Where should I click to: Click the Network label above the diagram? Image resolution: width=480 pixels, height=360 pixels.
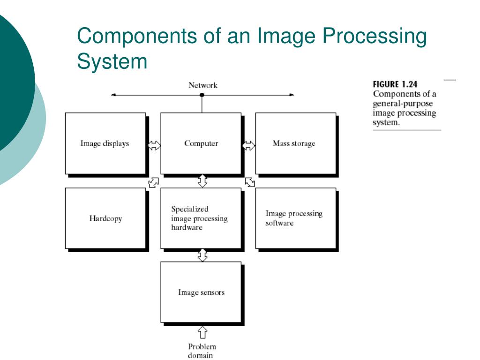coord(202,85)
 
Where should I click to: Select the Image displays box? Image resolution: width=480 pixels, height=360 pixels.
coord(105,143)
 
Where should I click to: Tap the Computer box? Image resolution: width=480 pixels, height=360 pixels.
coord(201,143)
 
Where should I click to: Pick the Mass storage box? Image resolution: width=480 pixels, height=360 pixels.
coord(295,143)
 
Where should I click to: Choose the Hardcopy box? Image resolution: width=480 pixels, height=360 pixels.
coord(105,218)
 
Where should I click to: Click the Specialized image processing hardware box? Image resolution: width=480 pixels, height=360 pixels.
coord(201,218)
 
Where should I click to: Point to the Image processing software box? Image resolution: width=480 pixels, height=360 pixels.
coord(295,218)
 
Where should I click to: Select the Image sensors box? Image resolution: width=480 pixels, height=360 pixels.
coord(201,292)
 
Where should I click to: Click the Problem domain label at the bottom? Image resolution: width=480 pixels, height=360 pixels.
coord(202,351)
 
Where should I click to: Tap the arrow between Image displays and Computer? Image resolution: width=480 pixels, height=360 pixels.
coord(154,146)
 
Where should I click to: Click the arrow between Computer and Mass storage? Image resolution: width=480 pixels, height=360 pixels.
coord(249,146)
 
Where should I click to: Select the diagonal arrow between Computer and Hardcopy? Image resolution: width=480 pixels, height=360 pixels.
coord(153,182)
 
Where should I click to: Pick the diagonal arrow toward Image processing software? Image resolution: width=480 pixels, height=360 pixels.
coord(250,182)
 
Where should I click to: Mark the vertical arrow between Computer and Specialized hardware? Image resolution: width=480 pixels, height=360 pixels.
coord(202,181)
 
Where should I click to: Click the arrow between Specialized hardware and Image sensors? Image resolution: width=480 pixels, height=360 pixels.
coord(202,255)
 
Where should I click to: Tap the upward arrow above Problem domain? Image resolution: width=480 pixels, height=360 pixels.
coord(202,332)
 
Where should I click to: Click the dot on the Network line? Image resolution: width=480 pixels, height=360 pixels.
coord(202,95)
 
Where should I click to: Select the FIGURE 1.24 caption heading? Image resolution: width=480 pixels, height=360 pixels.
coord(395,84)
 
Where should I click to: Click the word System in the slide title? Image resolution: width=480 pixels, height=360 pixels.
coord(112,61)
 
